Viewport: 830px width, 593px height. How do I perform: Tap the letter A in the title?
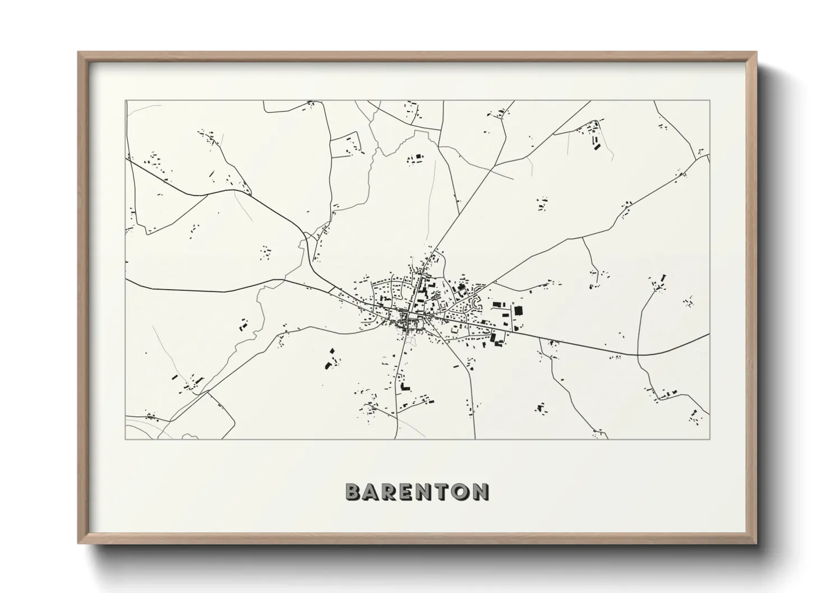[372, 492]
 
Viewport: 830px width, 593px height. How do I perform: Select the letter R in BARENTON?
[390, 492]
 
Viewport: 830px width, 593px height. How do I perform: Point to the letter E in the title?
[407, 492]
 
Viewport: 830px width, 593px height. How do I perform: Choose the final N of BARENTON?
[479, 492]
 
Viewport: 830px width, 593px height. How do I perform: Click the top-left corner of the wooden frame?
[79, 53]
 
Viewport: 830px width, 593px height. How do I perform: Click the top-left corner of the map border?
[126, 101]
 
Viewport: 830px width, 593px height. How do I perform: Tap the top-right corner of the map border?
[709, 101]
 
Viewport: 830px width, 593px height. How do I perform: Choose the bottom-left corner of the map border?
[126, 439]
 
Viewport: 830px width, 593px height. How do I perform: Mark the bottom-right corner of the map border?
[709, 439]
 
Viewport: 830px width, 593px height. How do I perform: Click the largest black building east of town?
[518, 310]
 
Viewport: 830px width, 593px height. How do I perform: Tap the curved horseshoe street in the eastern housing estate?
[477, 304]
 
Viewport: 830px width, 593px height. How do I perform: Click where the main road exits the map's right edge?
[709, 334]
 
